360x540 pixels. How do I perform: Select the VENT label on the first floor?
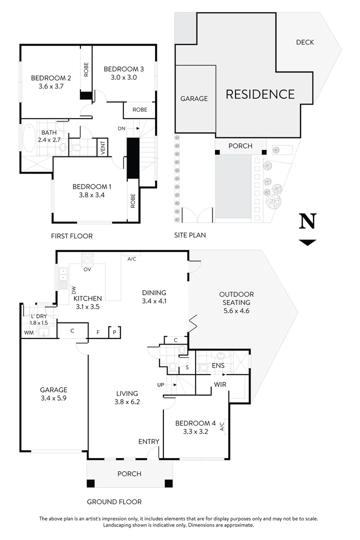pos(103,147)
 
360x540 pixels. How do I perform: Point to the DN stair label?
pos(121,128)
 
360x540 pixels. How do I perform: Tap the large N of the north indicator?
pos(307,221)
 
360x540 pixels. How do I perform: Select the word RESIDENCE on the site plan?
pos(260,94)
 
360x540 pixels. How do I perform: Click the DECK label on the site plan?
pos(304,42)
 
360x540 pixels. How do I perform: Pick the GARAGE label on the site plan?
pos(194,98)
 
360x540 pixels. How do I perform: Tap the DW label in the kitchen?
pos(73,290)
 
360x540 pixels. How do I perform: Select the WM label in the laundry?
pos(28,332)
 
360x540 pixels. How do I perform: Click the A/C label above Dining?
pos(132,259)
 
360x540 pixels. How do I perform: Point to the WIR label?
pos(220,385)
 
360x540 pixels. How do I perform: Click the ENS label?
pos(218,366)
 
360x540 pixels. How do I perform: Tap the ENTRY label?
pos(148,441)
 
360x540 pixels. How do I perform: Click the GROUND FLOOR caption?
pos(114,501)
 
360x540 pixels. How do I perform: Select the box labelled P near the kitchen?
pos(114,331)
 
